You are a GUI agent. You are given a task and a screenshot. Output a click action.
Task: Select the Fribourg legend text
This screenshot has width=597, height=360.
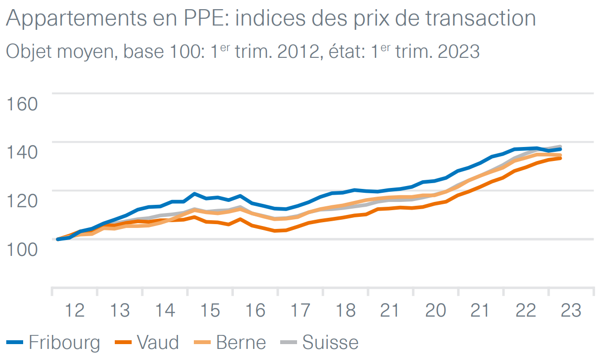(x=64, y=343)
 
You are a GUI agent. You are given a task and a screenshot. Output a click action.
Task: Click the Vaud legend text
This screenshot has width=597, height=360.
(x=158, y=343)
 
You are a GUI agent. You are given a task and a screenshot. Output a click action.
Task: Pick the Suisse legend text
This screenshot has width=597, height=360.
(x=330, y=343)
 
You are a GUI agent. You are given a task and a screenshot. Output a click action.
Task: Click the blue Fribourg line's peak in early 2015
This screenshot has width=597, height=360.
(x=194, y=194)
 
